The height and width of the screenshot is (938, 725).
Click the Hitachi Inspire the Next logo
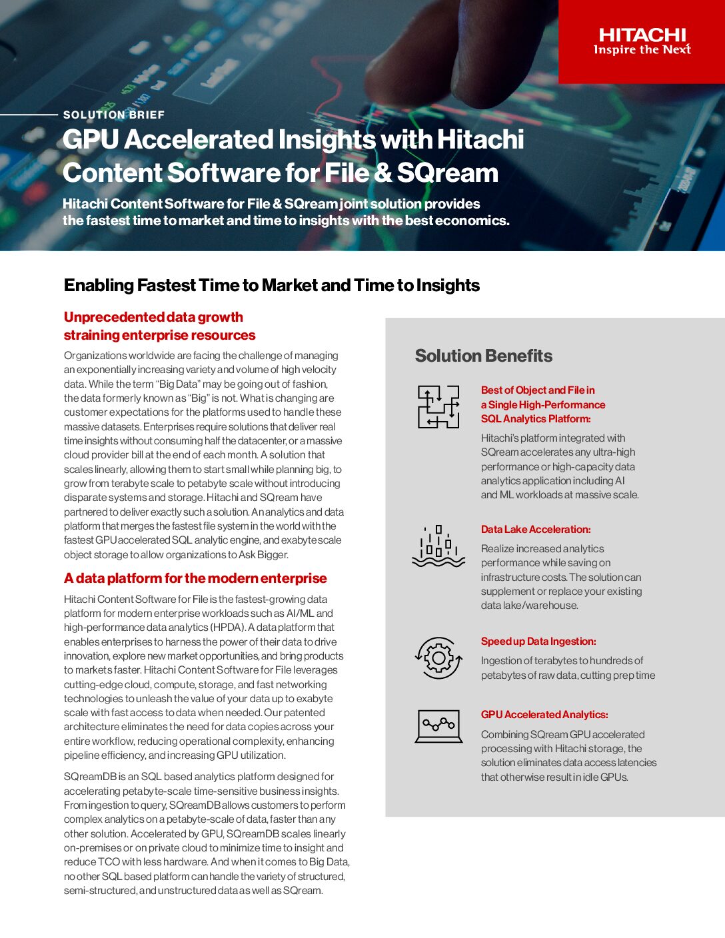pos(642,41)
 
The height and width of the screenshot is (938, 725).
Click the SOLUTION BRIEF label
pos(113,115)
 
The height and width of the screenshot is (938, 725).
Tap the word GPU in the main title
pos(91,140)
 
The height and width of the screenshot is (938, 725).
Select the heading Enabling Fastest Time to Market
pos(271,285)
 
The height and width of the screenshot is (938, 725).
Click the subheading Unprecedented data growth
pos(153,317)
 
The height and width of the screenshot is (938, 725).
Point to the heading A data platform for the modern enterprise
pos(195,578)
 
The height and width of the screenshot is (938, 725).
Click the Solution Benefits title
pos(483,356)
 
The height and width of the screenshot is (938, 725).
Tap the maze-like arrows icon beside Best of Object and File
pos(438,406)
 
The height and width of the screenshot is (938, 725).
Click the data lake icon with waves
pos(438,546)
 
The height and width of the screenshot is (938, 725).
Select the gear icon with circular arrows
pos(438,658)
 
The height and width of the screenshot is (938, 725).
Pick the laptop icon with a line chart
pos(438,726)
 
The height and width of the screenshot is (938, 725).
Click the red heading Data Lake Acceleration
pos(536,530)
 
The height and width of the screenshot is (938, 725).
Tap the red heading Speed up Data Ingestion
pos(538,642)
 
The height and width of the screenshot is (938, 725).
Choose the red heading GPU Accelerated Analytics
pos(544,715)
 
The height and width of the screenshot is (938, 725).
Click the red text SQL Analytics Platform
pos(536,419)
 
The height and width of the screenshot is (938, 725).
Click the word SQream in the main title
pos(447,173)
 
